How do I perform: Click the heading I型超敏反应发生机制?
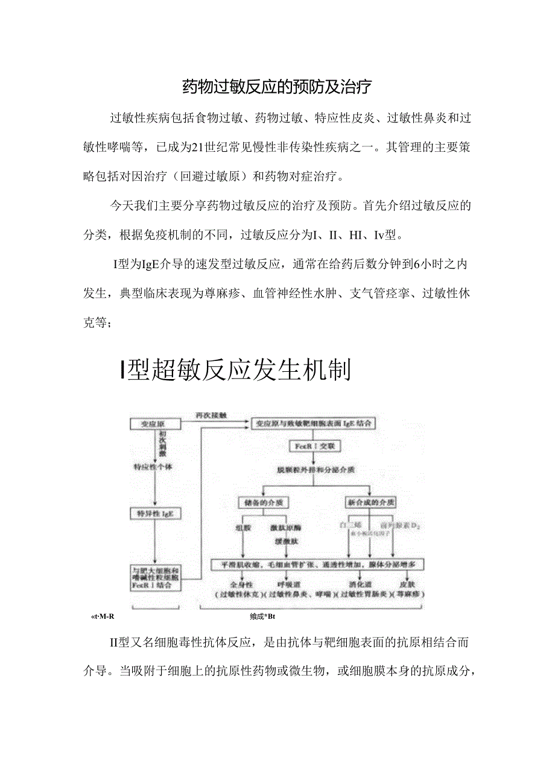pyautogui.click(x=235, y=370)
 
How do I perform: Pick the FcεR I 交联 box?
pyautogui.click(x=315, y=447)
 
